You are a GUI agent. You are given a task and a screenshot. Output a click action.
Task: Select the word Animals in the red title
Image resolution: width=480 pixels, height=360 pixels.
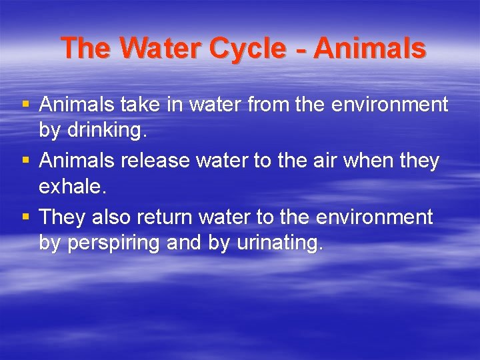point(369,48)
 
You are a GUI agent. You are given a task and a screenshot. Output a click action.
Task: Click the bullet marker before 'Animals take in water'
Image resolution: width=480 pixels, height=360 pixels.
point(25,105)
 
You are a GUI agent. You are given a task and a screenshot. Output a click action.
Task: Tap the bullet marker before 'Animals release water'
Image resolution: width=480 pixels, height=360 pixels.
point(25,161)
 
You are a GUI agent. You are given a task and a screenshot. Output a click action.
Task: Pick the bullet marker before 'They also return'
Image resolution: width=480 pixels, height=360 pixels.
point(25,217)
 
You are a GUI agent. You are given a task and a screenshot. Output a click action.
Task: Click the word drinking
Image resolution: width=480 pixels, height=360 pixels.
point(106,131)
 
